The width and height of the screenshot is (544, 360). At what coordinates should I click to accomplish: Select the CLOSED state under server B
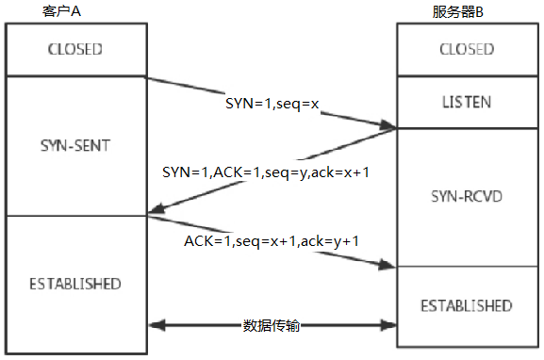pyautogui.click(x=467, y=49)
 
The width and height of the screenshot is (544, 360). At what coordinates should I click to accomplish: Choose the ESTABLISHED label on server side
pyautogui.click(x=467, y=306)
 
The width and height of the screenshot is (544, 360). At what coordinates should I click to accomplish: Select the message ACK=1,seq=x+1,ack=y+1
pyautogui.click(x=272, y=242)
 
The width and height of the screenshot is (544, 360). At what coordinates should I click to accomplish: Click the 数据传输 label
pyautogui.click(x=272, y=325)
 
